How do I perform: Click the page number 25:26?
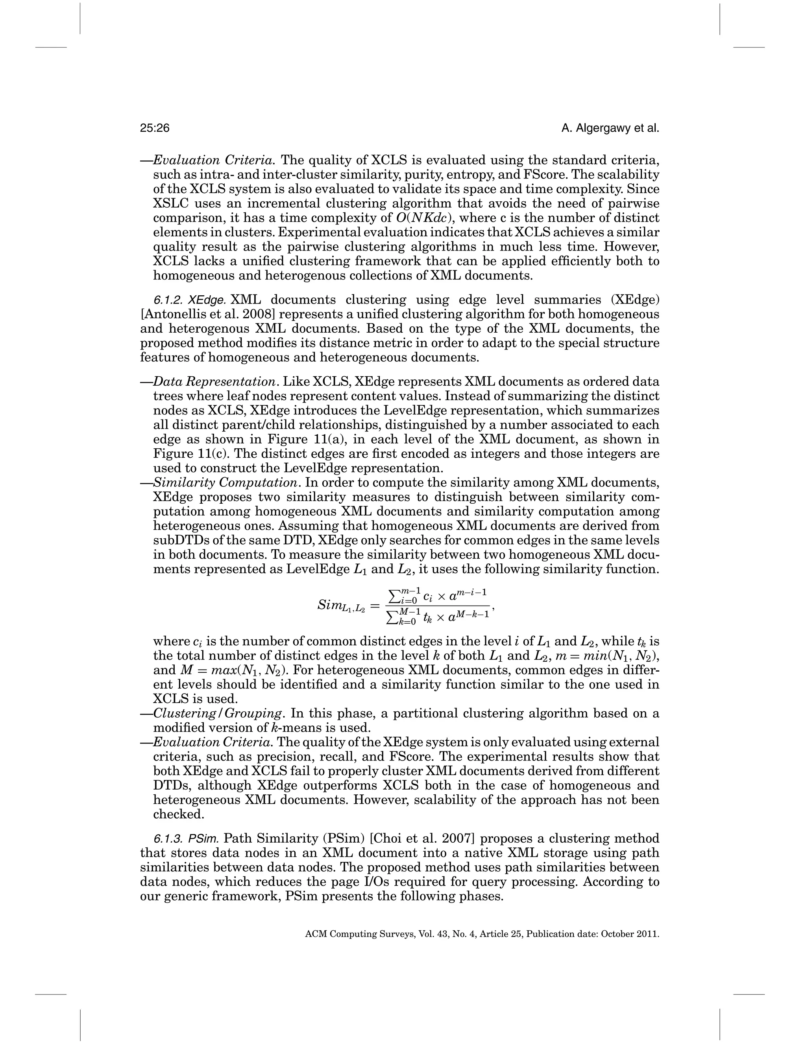point(155,128)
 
